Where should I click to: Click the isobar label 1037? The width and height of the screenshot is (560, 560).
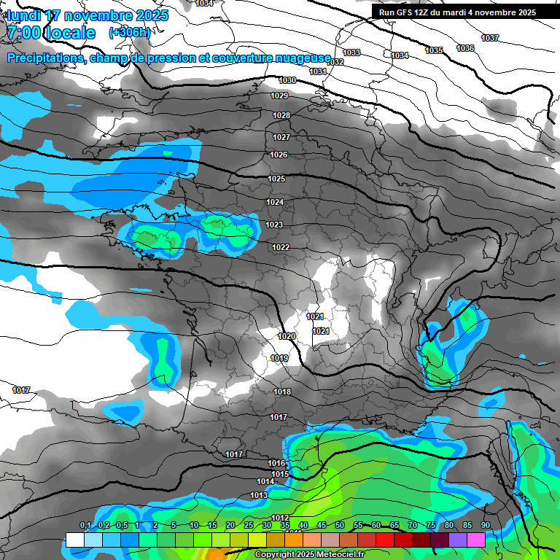pyautogui.click(x=490, y=38)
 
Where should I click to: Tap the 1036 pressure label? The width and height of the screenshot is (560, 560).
pyautogui.click(x=465, y=48)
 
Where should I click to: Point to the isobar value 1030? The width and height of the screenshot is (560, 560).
pyautogui.click(x=287, y=80)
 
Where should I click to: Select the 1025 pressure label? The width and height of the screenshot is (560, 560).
pyautogui.click(x=276, y=179)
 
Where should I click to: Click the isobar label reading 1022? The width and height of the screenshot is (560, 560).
pyautogui.click(x=281, y=247)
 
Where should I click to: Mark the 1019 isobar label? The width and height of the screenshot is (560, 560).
pyautogui.click(x=279, y=358)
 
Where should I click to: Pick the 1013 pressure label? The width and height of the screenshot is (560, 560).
pyautogui.click(x=259, y=495)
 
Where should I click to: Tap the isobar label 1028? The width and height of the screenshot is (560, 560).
pyautogui.click(x=281, y=115)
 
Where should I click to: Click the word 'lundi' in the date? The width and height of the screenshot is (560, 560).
pyautogui.click(x=24, y=15)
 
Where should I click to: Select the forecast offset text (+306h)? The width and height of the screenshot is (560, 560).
pyautogui.click(x=129, y=33)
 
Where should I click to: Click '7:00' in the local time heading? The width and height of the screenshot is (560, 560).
pyautogui.click(x=23, y=33)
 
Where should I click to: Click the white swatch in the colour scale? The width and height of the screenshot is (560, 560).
pyautogui.click(x=74, y=540)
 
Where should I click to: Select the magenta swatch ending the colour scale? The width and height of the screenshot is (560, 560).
pyautogui.click(x=476, y=540)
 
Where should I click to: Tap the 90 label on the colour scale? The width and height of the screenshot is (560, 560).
pyautogui.click(x=485, y=526)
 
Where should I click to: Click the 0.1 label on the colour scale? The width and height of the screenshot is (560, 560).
pyautogui.click(x=85, y=526)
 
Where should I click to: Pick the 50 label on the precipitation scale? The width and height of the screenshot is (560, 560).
pyautogui.click(x=340, y=526)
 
